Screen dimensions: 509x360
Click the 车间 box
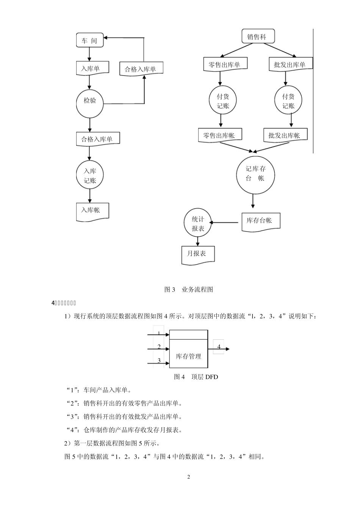point(90,40)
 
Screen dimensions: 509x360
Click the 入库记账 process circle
point(90,175)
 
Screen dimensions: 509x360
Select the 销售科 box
point(259,37)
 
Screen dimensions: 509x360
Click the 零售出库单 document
point(225,64)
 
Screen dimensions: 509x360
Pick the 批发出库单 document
point(290,64)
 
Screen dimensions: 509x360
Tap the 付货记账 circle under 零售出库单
point(223,101)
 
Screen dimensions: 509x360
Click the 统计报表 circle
point(197,224)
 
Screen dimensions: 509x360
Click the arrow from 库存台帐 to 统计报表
point(225,223)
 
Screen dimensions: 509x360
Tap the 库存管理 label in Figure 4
point(188,356)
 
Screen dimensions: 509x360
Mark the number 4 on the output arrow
point(219,347)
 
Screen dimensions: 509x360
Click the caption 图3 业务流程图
point(189,289)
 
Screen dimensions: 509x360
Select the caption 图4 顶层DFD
point(196,377)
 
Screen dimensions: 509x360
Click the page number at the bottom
point(188,476)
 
